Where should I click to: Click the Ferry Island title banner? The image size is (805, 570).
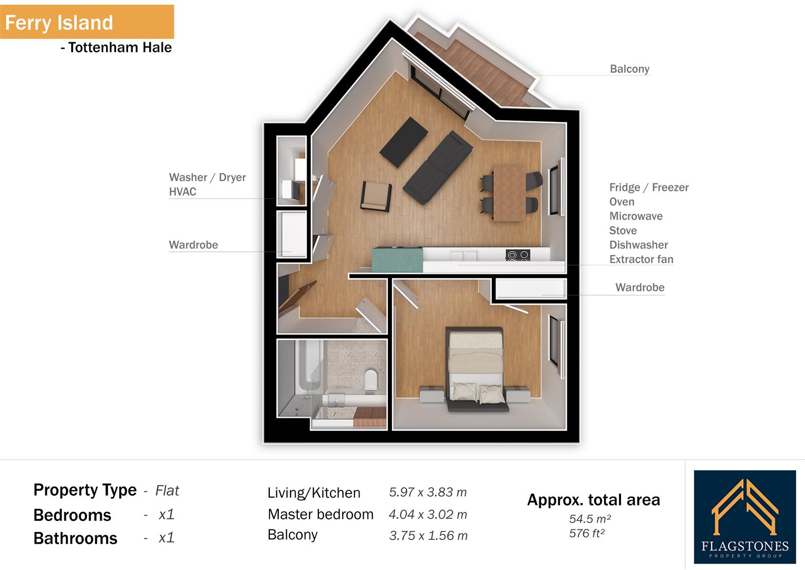(86, 22)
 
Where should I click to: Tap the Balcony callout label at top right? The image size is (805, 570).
(629, 69)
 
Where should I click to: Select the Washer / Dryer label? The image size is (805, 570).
(207, 177)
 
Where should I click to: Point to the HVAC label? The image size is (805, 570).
(182, 192)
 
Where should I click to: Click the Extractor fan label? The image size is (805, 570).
(641, 259)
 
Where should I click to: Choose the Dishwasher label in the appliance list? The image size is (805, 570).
(638, 245)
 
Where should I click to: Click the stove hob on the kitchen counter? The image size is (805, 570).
(517, 255)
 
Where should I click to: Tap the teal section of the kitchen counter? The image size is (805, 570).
(397, 259)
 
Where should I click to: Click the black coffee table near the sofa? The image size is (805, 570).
(404, 140)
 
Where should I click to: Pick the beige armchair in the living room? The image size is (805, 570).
(376, 196)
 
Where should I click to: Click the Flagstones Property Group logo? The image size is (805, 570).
(744, 517)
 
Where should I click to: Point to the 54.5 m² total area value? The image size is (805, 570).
(589, 519)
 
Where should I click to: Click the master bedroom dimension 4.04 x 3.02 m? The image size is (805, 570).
(428, 515)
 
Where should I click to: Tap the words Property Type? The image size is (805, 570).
(85, 490)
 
